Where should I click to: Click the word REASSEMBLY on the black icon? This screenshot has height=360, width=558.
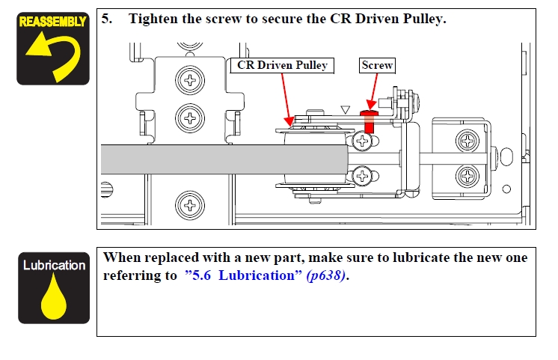click(53, 21)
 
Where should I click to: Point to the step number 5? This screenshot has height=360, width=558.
click(108, 19)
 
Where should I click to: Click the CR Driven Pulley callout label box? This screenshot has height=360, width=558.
click(282, 65)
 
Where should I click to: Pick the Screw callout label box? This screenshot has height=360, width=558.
click(378, 65)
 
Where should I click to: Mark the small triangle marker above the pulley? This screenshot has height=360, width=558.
click(345, 110)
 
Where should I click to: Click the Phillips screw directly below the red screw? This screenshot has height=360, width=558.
click(364, 140)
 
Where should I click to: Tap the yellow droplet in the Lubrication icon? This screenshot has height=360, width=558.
click(53, 299)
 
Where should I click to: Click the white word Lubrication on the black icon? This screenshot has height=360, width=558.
click(54, 266)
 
